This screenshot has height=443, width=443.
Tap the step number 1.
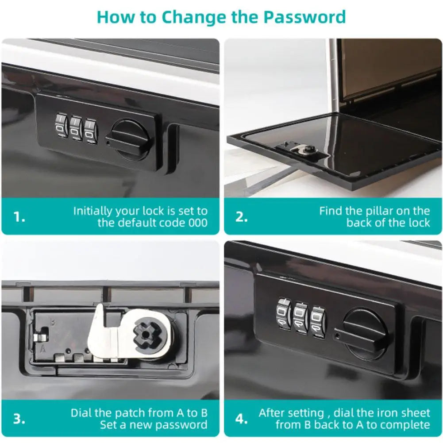[x=19, y=217]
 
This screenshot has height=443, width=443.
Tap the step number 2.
[x=241, y=217]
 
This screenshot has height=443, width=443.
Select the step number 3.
[x=19, y=419]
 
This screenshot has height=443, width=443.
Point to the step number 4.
[x=241, y=419]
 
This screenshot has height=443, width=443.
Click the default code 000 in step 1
[x=198, y=223]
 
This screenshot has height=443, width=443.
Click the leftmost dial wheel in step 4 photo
[x=284, y=314]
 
